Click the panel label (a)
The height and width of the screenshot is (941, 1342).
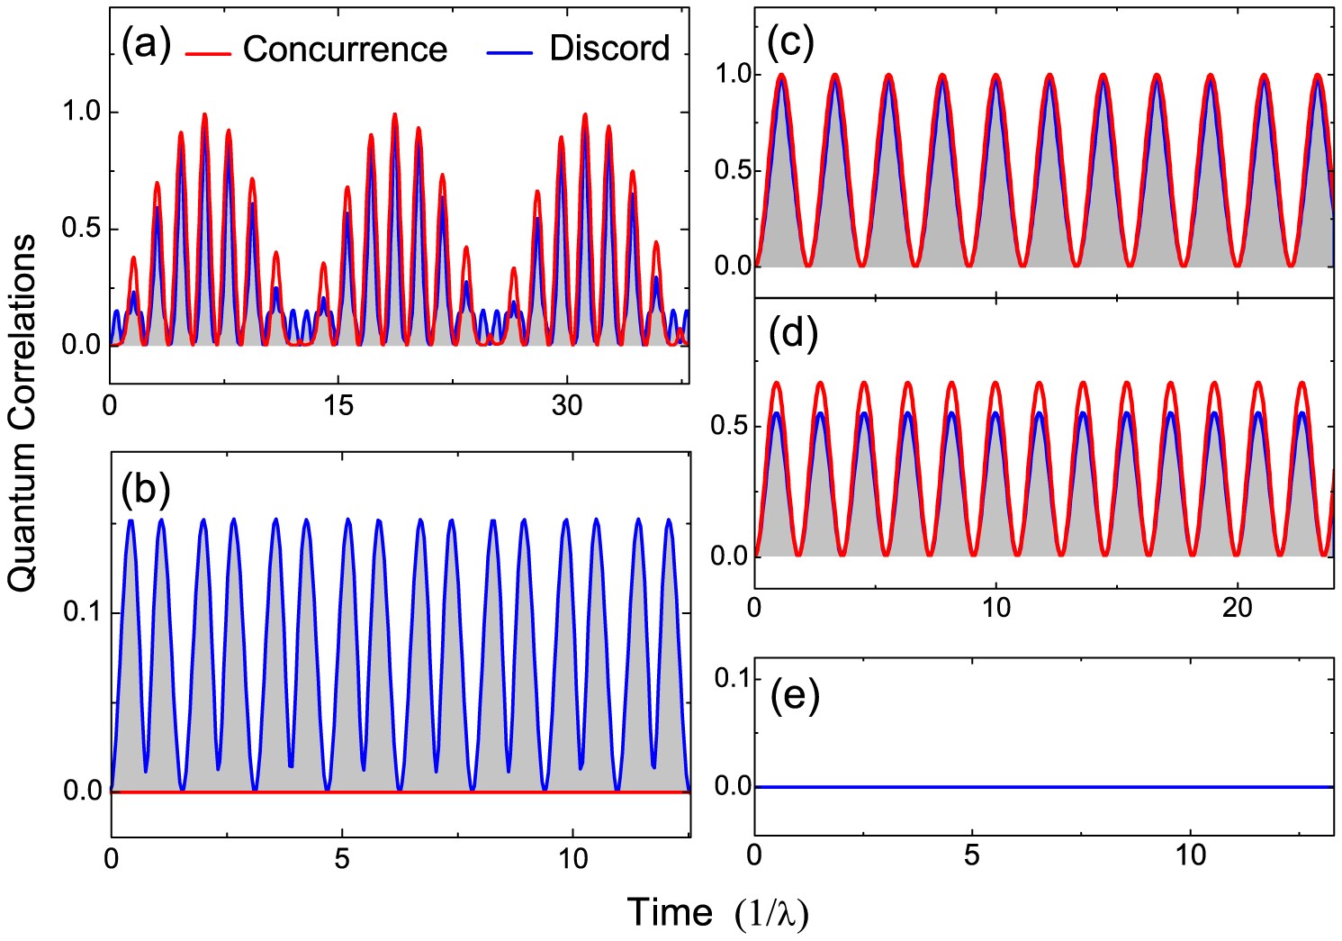[146, 46]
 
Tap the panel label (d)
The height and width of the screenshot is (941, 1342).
[791, 333]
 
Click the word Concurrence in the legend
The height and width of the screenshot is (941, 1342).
[345, 50]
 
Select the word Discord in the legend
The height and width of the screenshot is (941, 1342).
[609, 49]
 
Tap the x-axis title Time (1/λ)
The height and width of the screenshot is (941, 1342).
[717, 913]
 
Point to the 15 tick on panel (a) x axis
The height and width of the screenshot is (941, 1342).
[338, 406]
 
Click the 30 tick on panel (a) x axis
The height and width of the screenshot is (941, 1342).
[567, 406]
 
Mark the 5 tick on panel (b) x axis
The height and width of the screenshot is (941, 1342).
[341, 859]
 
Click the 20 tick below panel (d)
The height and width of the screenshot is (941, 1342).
[1238, 608]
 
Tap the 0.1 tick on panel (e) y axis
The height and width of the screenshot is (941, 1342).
[731, 678]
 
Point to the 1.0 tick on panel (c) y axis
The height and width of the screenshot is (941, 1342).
[731, 75]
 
